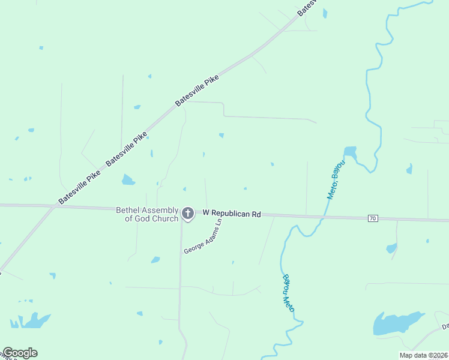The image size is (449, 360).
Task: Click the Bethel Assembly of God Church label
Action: (147, 214)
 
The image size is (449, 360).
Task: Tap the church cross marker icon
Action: (188, 213)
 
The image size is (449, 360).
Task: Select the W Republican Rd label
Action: (232, 213)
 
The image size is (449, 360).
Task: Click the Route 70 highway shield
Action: (373, 218)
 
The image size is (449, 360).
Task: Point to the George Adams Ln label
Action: (203, 236)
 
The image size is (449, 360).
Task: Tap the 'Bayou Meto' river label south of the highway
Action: (288, 292)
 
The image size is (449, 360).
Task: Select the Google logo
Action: (20, 353)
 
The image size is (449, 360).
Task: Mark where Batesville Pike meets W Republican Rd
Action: (56, 206)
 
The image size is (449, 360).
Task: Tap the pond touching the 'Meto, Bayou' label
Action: (350, 152)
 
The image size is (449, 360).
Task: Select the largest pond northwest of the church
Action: (128, 179)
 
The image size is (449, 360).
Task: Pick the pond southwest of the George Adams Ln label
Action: (155, 260)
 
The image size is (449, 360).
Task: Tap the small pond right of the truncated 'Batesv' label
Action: (325, 13)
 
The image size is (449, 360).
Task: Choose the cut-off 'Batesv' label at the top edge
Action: (306, 8)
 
